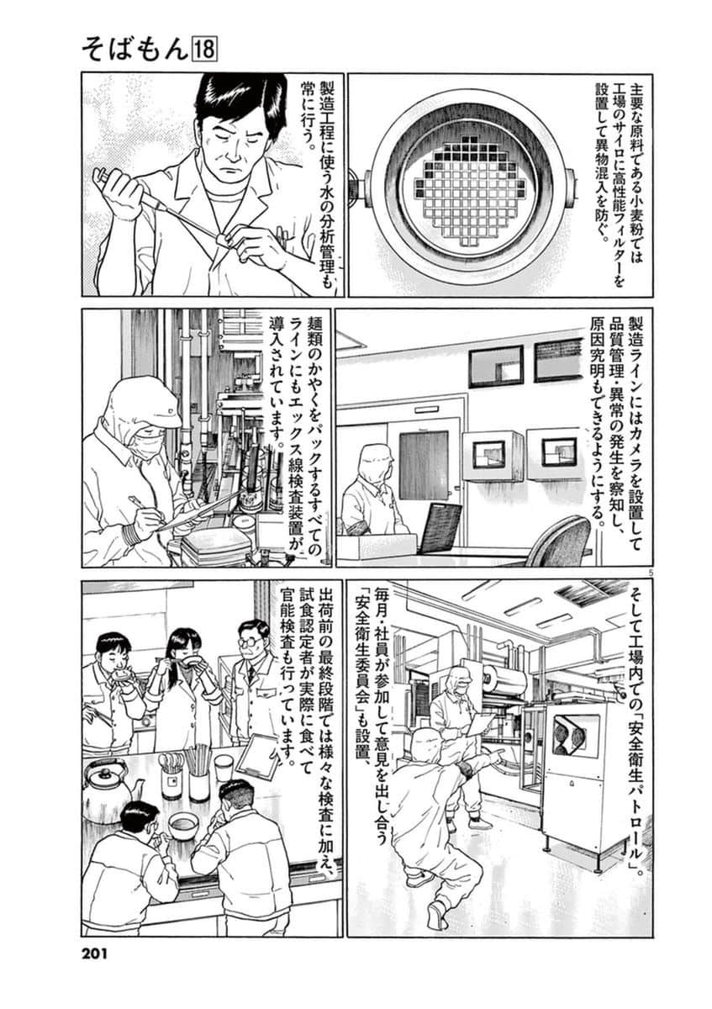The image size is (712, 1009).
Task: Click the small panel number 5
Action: click(625, 572)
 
